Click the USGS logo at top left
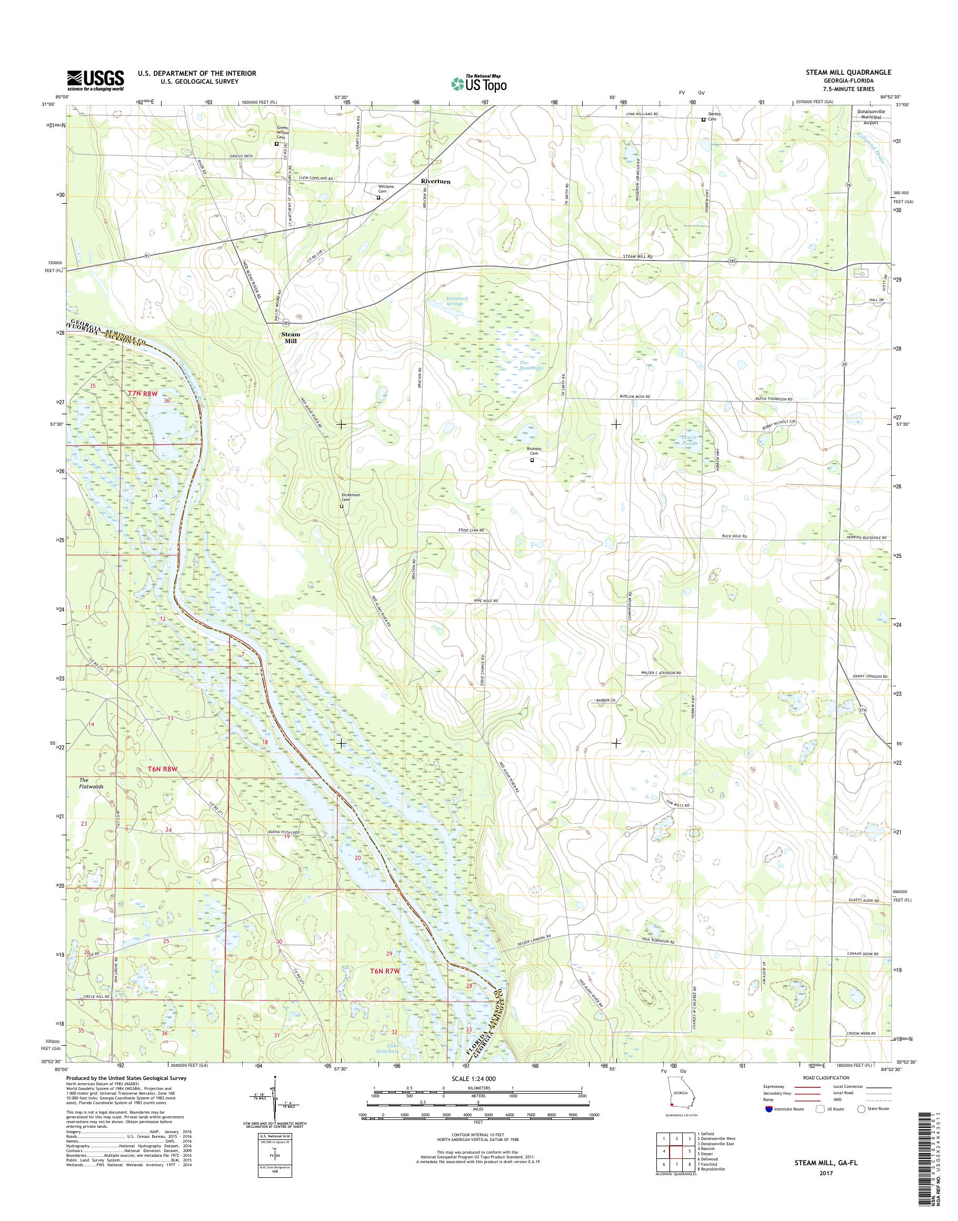(x=95, y=80)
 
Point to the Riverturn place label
(x=436, y=182)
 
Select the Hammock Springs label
(x=446, y=301)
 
